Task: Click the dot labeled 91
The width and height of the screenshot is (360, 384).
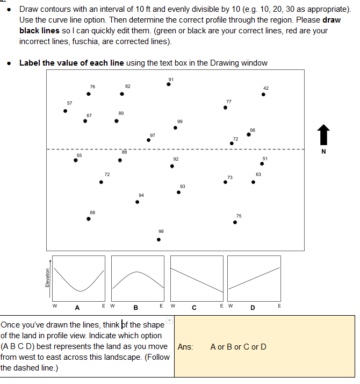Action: tap(169, 84)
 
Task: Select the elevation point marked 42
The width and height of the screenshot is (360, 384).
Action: tap(263, 94)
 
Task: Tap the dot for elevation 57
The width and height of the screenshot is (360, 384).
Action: tap(66, 111)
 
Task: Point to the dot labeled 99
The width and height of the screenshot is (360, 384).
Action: tap(176, 127)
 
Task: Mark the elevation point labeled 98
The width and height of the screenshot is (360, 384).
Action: tap(159, 239)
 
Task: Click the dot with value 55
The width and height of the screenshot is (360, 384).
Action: tap(75, 160)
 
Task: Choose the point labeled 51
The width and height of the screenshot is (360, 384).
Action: tap(262, 163)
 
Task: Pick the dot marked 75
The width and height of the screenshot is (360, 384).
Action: tap(235, 222)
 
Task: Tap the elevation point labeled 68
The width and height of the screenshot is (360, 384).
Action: tap(89, 218)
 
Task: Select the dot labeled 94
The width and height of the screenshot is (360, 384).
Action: tap(137, 202)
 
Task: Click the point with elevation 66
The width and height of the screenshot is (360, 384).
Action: tap(248, 134)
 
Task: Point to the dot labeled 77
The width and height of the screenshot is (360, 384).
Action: tap(225, 108)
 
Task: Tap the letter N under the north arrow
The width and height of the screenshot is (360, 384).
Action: tap(323, 151)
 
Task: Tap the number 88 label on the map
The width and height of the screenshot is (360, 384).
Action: tap(124, 152)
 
